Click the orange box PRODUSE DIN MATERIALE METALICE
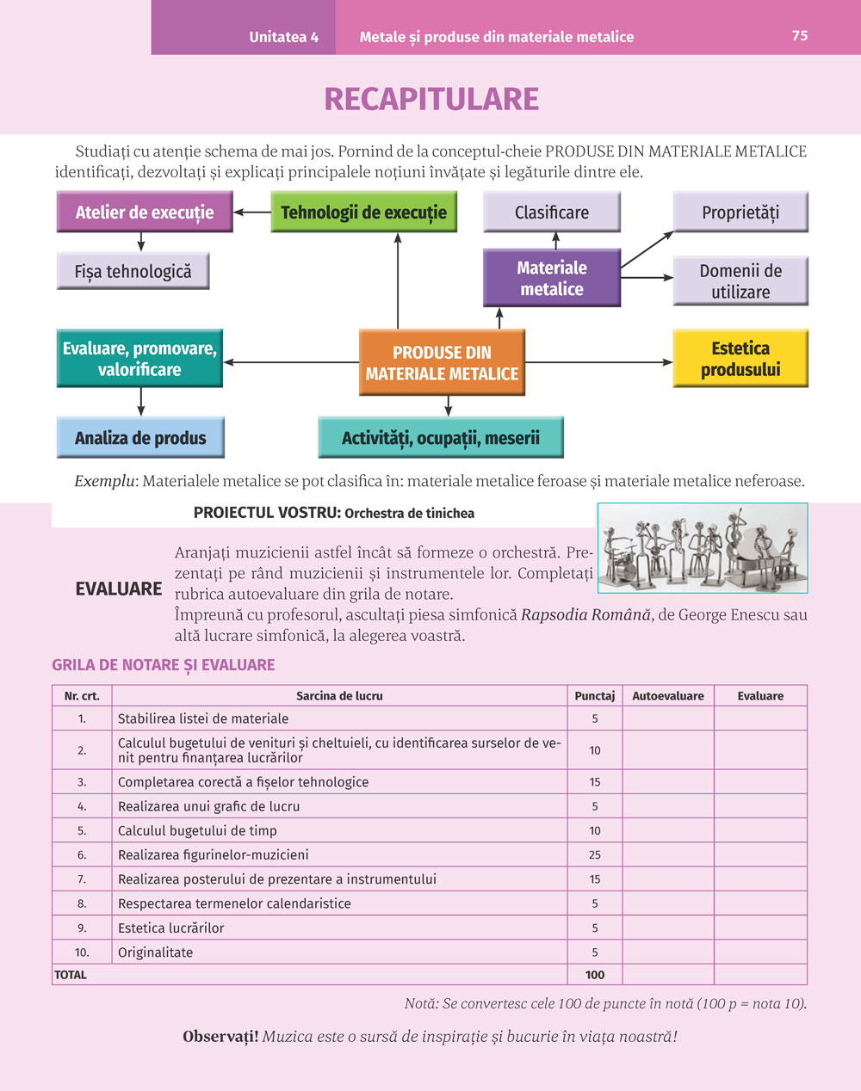pyautogui.click(x=442, y=362)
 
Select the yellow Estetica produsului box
pyautogui.click(x=740, y=358)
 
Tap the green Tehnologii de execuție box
pyautogui.click(x=363, y=212)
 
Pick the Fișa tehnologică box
pyautogui.click(x=133, y=271)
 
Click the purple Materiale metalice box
pyautogui.click(x=551, y=278)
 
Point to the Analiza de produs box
pyautogui.click(x=140, y=437)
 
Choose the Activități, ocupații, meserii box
pyautogui.click(x=440, y=437)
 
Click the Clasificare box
pyautogui.click(x=551, y=212)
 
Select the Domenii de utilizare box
pyautogui.click(x=740, y=280)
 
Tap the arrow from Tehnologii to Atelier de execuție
pyautogui.click(x=252, y=212)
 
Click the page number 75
pyautogui.click(x=800, y=35)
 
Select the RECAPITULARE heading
pyautogui.click(x=430, y=99)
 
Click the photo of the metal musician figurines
pyautogui.click(x=703, y=548)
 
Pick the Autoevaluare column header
pyautogui.click(x=667, y=695)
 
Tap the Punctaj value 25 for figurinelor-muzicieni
pyautogui.click(x=594, y=854)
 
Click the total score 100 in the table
pyautogui.click(x=594, y=975)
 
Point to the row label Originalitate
pyautogui.click(x=155, y=952)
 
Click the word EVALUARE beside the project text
pyautogui.click(x=119, y=589)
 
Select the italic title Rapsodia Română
pyautogui.click(x=585, y=615)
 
